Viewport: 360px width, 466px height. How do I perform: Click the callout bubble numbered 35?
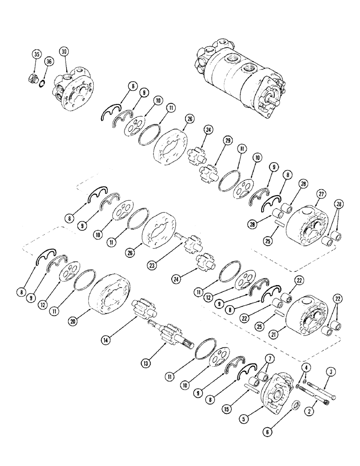[x=36, y=55]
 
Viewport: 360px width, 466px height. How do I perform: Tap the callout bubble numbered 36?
[x=49, y=61]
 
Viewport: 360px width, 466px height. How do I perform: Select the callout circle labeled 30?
[x=64, y=51]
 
